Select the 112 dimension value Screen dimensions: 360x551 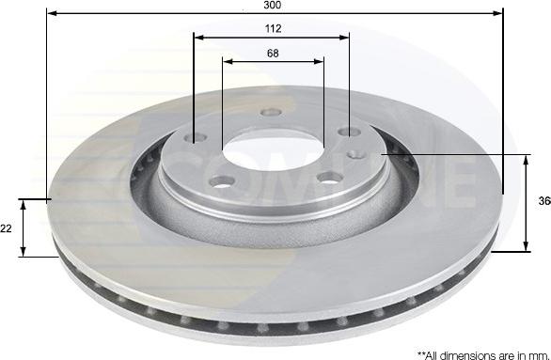click(273, 28)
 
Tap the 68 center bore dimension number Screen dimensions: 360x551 click(273, 53)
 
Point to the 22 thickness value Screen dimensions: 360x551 click(8, 228)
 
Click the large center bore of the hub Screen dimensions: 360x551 click(273, 149)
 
